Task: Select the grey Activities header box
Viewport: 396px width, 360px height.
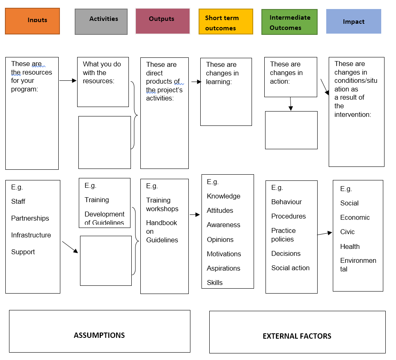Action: click(101, 21)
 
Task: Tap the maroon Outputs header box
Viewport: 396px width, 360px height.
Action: click(163, 21)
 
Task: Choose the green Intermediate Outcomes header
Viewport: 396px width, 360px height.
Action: click(289, 22)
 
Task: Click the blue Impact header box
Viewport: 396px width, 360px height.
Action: click(353, 21)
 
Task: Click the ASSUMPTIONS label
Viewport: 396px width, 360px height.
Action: click(99, 335)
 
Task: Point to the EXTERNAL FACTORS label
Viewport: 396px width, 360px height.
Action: click(297, 336)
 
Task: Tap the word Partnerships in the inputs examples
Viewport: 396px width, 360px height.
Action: click(30, 218)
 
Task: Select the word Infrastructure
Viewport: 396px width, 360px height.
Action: click(31, 235)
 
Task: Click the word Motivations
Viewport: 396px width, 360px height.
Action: click(224, 254)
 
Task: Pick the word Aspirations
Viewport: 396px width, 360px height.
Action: click(223, 268)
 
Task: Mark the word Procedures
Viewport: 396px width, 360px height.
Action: click(288, 216)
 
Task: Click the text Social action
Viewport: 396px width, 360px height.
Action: click(290, 268)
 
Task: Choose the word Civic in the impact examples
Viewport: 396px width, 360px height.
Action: click(347, 232)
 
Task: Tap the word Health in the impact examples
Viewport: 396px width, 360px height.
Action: click(350, 246)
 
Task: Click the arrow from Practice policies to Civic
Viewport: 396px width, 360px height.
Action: click(325, 233)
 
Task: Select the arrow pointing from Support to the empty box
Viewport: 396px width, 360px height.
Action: click(70, 247)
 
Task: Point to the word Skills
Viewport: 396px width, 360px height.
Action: click(215, 283)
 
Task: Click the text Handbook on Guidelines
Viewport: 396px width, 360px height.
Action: click(162, 231)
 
